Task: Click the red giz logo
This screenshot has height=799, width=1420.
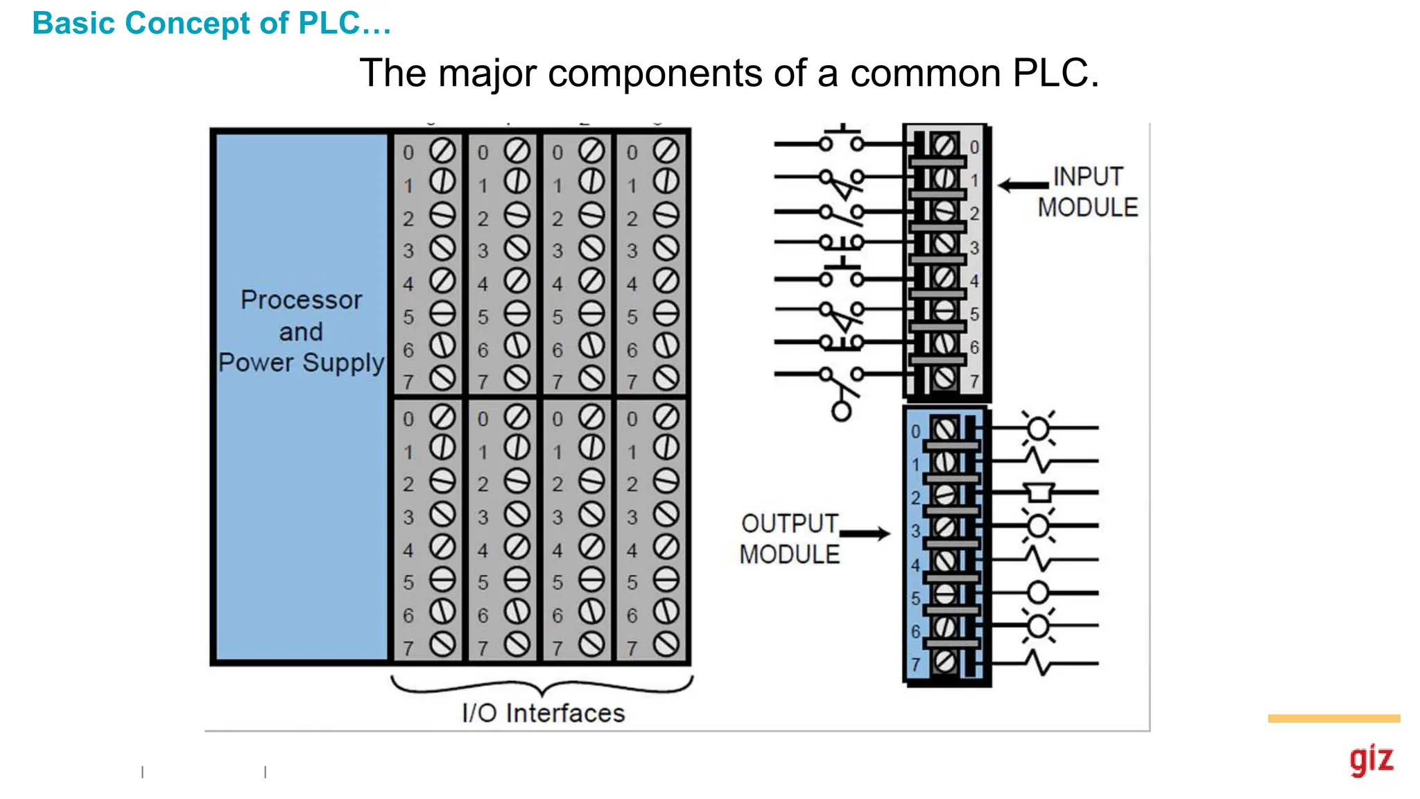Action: coord(1371,760)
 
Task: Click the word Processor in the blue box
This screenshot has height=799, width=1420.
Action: coord(301,300)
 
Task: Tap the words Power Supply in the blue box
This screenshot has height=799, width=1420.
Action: coord(301,362)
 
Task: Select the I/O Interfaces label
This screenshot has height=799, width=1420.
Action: coord(543,713)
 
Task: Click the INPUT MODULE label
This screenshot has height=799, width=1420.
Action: coord(1087,192)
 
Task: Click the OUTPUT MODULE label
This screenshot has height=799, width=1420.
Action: coord(789,539)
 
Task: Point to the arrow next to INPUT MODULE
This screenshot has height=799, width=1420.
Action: coord(1023,185)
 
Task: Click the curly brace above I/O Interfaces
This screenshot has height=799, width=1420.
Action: coord(542,686)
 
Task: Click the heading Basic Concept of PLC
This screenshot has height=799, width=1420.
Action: coord(211,23)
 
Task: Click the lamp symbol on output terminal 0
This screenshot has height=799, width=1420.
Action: coord(1037,429)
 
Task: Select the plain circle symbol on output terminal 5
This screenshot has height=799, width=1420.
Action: coord(1037,593)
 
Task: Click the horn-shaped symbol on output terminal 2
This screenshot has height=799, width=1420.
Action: coord(1039,492)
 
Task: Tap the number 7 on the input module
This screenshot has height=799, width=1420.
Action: coord(974,381)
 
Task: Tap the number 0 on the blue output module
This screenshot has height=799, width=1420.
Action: coord(915,431)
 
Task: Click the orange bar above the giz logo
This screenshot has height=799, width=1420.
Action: coord(1333,719)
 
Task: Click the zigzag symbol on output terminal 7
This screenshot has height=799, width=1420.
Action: coord(1040,663)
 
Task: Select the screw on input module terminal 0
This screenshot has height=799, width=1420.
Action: coord(944,146)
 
